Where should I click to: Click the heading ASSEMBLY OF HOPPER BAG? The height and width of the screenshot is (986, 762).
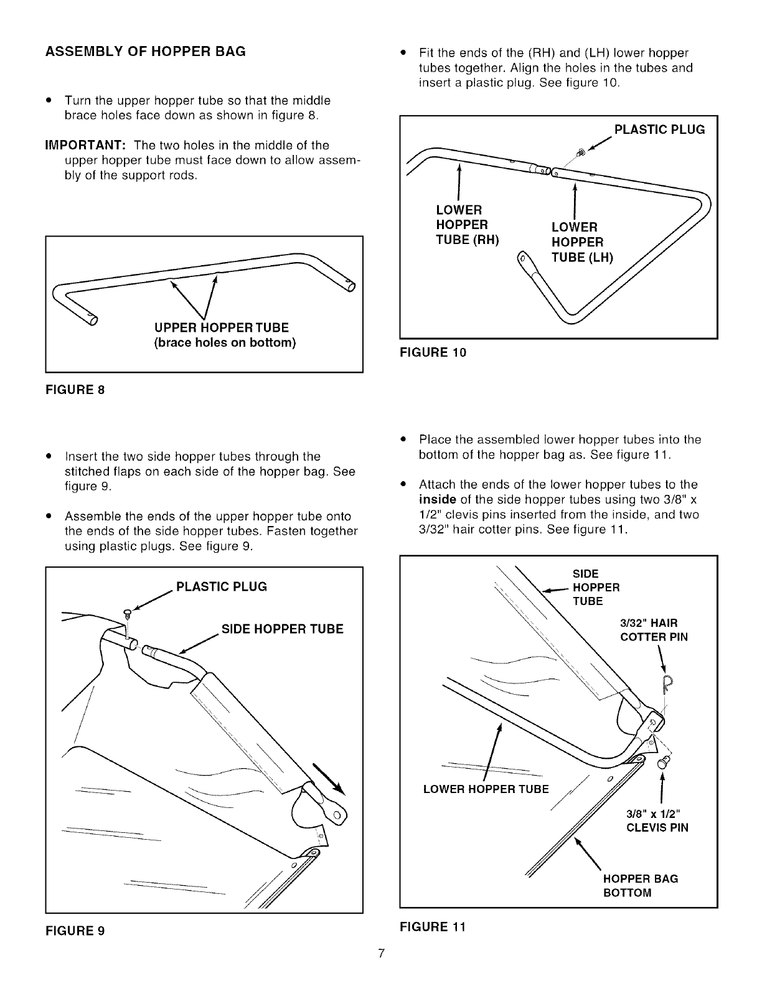click(x=145, y=51)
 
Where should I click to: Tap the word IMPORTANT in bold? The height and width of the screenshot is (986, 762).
click(x=86, y=145)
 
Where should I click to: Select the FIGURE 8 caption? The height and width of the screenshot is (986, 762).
click(x=75, y=390)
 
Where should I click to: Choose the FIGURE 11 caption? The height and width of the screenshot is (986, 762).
click(x=433, y=926)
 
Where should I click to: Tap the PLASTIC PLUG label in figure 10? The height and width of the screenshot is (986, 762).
click(x=659, y=129)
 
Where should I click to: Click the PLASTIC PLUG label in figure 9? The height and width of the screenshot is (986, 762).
click(x=222, y=586)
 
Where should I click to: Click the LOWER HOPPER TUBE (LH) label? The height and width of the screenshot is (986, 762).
click(x=582, y=242)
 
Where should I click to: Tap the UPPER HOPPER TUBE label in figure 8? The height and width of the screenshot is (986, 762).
click(x=222, y=327)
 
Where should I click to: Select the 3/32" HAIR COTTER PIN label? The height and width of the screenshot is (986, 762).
click(x=654, y=630)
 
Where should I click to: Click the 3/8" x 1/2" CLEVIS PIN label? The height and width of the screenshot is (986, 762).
click(x=657, y=821)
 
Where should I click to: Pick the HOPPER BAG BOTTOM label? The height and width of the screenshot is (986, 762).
click(x=640, y=886)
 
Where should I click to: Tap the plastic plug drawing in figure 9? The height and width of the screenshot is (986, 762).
click(x=127, y=613)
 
